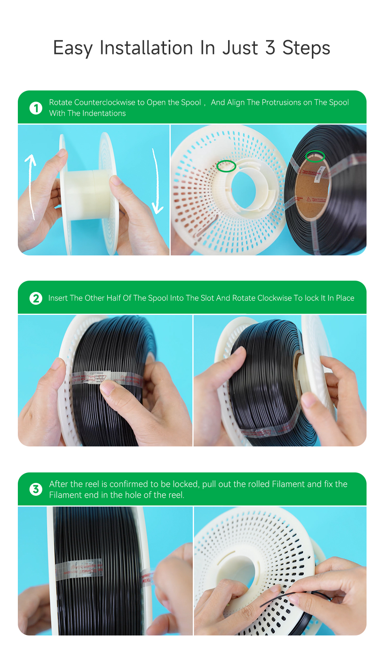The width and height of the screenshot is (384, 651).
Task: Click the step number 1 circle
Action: [36, 108]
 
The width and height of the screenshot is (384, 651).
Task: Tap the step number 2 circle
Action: [36, 298]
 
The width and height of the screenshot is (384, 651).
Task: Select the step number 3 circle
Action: [36, 489]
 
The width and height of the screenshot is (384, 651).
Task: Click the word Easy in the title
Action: [73, 48]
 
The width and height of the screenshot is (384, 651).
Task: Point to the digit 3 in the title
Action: [270, 47]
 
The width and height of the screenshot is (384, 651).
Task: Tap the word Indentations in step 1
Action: [106, 113]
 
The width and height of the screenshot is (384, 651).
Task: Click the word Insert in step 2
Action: [58, 298]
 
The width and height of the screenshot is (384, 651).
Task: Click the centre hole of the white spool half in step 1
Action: [244, 189]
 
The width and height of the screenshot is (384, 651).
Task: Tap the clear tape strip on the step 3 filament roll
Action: [79, 569]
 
